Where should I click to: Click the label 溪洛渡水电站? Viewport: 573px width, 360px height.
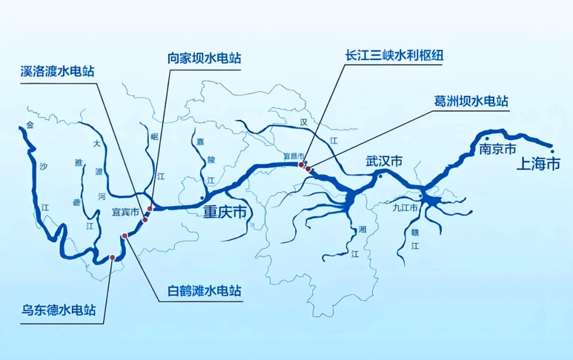[57, 71]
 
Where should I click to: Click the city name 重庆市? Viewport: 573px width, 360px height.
[225, 213]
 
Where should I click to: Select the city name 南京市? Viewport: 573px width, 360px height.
[497, 150]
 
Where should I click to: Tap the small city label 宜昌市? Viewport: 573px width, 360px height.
[294, 156]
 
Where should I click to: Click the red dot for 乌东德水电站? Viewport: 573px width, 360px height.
[112, 257]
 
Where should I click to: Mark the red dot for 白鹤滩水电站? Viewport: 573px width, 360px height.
[125, 235]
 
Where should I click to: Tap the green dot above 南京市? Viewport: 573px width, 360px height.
[487, 138]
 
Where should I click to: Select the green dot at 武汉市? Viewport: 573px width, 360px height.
[380, 177]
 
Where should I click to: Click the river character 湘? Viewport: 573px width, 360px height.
[362, 230]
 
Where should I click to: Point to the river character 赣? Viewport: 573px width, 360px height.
[415, 232]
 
